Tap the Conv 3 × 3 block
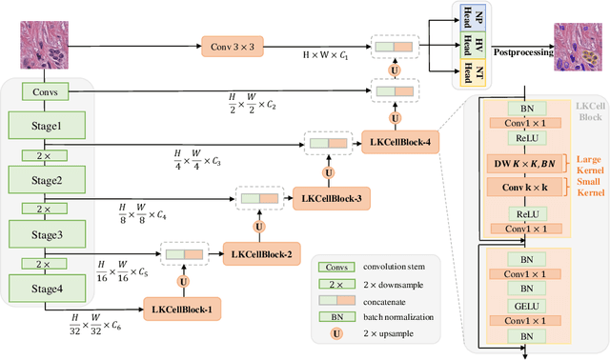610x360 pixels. point(234,46)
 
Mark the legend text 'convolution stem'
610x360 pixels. point(391,269)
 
